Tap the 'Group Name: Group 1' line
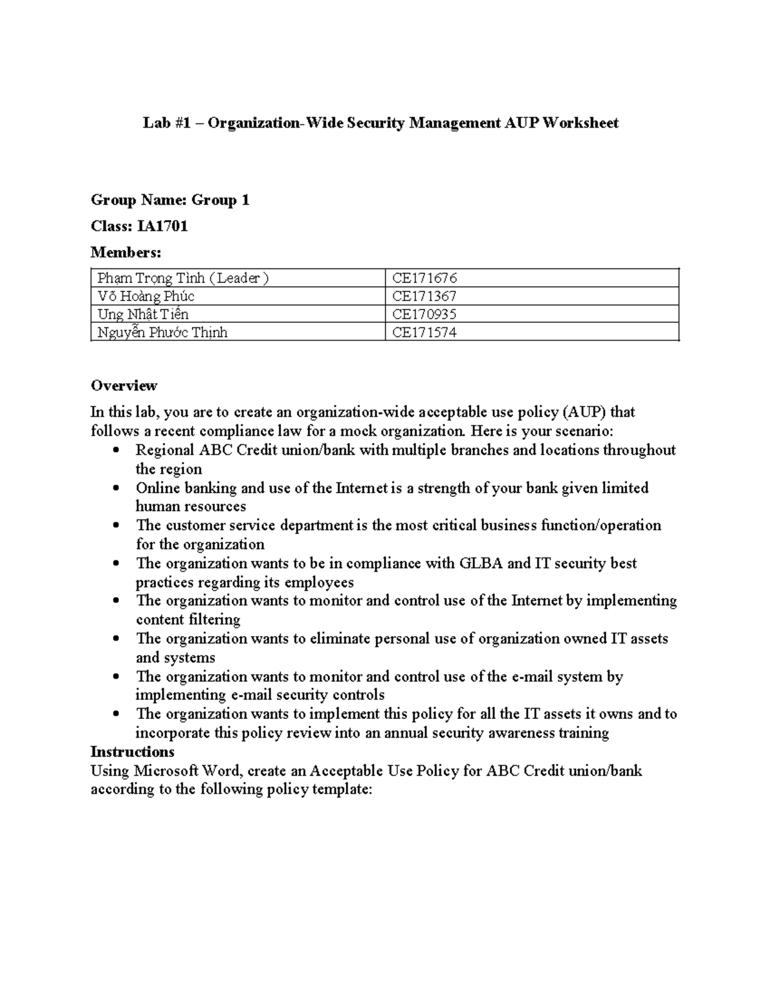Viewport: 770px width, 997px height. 170,200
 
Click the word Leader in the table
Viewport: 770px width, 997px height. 239,278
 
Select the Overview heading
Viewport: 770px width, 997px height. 124,386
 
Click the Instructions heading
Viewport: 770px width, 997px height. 132,752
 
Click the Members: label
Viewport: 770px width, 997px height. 126,252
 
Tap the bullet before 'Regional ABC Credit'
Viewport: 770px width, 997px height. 116,451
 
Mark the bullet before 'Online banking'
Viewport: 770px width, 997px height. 116,488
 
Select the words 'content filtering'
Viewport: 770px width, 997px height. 188,620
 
